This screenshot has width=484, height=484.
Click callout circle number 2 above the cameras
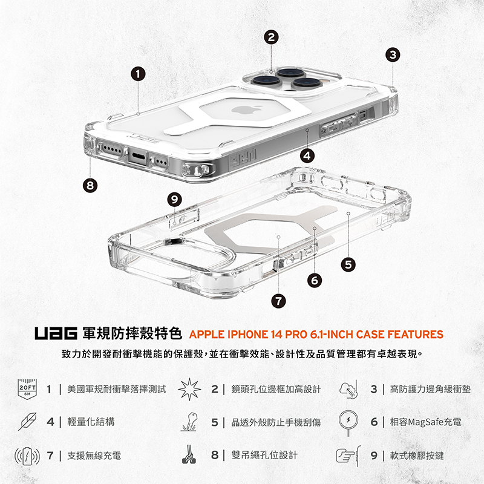[272, 37]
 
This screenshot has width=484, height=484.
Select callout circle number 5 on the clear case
[347, 263]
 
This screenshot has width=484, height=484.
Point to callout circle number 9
[175, 199]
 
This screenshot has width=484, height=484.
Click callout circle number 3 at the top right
[394, 54]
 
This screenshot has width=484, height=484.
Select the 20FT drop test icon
[28, 389]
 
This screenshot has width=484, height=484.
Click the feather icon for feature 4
[28, 422]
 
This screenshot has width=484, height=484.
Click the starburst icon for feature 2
[189, 388]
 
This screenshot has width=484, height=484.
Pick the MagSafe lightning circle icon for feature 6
[350, 421]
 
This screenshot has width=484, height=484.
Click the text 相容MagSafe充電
[426, 422]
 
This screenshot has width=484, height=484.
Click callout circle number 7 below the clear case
[279, 301]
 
